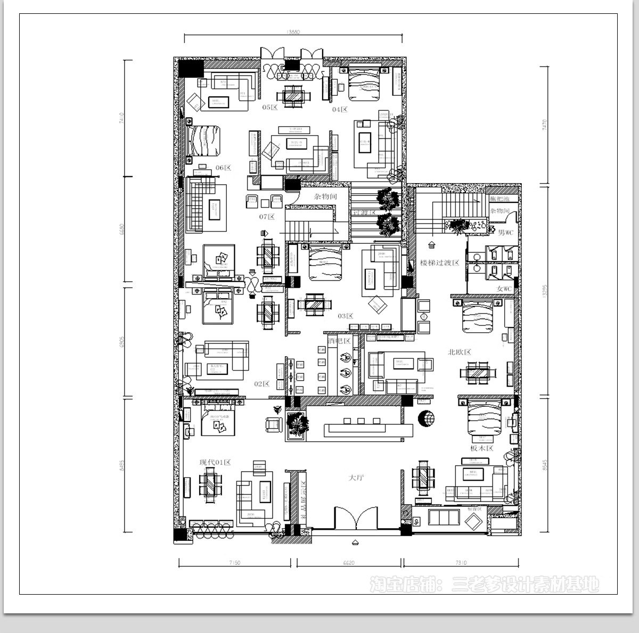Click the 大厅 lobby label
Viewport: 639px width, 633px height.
tap(356, 478)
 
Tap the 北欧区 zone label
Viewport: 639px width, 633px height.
tap(460, 352)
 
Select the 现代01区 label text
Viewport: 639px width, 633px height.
tap(215, 462)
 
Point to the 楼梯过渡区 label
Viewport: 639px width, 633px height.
tap(439, 262)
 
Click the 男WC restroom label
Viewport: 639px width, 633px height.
tap(505, 233)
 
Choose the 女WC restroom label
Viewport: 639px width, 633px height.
tap(504, 289)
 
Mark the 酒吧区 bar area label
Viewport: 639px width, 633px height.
tap(339, 341)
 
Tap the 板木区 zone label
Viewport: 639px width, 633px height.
tap(482, 448)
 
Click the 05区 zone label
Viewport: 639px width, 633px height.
tap(270, 108)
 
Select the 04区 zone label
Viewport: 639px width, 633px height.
tap(340, 110)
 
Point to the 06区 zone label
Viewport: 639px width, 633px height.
tap(223, 168)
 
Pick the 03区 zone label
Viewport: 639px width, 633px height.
tap(346, 316)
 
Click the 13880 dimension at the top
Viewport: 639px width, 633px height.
tap(293, 32)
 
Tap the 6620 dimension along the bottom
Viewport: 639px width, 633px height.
tap(349, 562)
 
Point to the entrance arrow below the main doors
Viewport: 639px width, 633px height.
tap(356, 543)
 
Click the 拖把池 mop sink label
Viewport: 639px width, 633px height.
tap(499, 199)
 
